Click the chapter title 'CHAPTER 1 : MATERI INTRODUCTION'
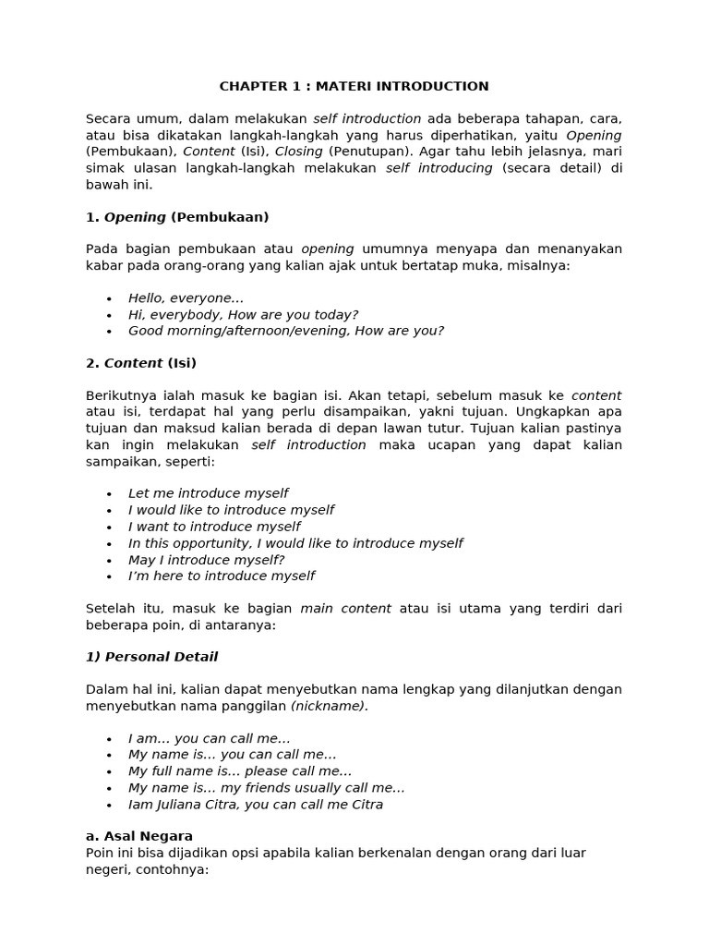(x=354, y=87)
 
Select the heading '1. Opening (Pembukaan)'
(x=177, y=217)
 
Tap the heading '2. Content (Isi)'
(x=141, y=363)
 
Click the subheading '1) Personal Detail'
(x=151, y=657)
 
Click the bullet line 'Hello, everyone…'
(x=186, y=298)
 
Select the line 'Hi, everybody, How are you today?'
(x=243, y=315)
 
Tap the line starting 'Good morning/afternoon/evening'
(x=285, y=331)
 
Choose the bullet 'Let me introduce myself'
(x=208, y=493)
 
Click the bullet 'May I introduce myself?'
(x=206, y=560)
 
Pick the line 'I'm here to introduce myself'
(x=221, y=576)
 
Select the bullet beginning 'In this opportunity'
(x=294, y=543)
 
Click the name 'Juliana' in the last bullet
(x=180, y=805)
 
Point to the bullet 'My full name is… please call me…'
(x=240, y=771)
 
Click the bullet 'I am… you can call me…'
(x=209, y=738)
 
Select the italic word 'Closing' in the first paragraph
(x=298, y=152)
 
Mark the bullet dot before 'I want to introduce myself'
(x=109, y=528)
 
